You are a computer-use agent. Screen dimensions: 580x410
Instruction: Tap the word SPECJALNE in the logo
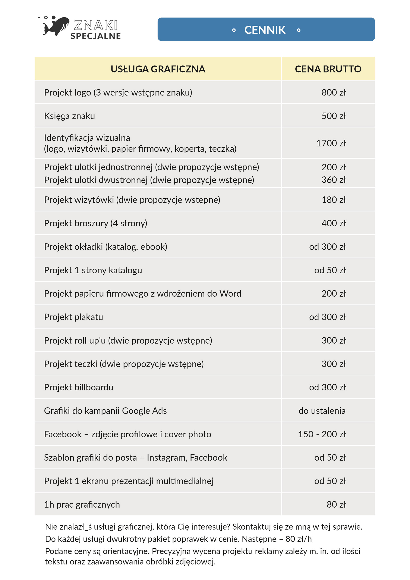[x=95, y=36]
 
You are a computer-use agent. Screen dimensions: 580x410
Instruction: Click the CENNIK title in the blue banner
[x=265, y=30]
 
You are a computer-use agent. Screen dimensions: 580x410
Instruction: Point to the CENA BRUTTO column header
[x=328, y=69]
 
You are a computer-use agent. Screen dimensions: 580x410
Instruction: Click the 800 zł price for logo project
[x=334, y=92]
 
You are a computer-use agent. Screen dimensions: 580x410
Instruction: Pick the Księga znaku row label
[x=69, y=116]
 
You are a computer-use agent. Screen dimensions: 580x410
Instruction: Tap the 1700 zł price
[x=331, y=143]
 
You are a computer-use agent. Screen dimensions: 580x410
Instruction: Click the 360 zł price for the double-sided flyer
[x=334, y=180]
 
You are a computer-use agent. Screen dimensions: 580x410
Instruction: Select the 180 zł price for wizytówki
[x=334, y=200]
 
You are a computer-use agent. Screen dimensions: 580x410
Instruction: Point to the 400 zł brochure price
[x=334, y=223]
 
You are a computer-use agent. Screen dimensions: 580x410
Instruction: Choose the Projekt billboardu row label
[x=79, y=387]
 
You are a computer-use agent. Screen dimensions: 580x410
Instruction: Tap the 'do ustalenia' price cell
[x=322, y=411]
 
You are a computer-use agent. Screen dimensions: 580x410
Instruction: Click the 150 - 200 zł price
[x=322, y=434]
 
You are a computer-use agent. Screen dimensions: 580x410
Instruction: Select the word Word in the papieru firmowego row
[x=230, y=294]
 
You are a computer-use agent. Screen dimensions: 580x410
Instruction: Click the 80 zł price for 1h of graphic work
[x=336, y=504]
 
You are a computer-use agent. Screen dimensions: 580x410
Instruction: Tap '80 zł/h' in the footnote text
[x=298, y=539]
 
